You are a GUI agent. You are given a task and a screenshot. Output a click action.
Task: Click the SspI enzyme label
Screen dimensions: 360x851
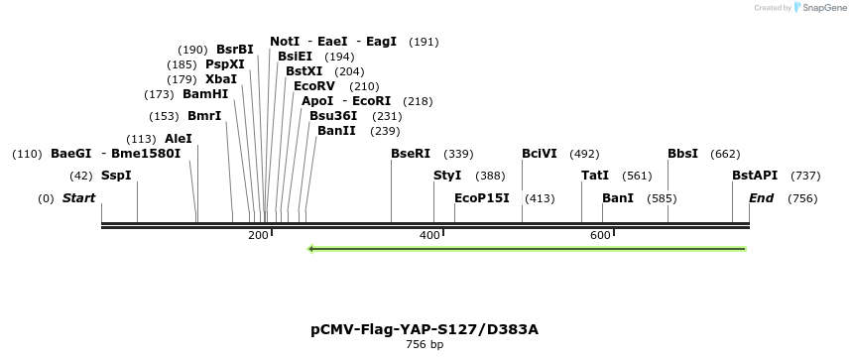[x=116, y=176]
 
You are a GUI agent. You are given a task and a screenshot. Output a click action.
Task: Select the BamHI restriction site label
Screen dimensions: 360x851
[x=205, y=94]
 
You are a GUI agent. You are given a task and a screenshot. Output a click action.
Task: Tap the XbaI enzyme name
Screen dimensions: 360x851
[x=221, y=79]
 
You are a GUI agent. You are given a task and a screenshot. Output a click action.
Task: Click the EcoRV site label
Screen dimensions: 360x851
[x=314, y=86]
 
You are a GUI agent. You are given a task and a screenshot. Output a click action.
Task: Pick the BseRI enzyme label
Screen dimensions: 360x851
[x=411, y=154]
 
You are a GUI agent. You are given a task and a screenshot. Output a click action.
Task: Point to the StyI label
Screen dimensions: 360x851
[x=447, y=176]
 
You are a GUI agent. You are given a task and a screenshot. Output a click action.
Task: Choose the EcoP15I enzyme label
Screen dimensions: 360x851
[x=481, y=198]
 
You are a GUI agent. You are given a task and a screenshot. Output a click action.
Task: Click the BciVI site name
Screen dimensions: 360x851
[x=540, y=154]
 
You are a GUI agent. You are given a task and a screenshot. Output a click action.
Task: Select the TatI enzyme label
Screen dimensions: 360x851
[x=595, y=176]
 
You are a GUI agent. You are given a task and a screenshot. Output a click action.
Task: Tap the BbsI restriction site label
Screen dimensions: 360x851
[x=682, y=154]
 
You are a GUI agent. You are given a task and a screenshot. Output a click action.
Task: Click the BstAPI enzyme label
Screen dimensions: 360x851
[x=755, y=176]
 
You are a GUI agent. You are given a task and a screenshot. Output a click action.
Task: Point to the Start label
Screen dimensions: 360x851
[x=78, y=198]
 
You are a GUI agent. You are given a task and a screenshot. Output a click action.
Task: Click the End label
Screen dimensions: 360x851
[x=761, y=198]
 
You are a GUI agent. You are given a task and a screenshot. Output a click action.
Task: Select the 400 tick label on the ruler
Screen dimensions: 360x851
[x=429, y=235]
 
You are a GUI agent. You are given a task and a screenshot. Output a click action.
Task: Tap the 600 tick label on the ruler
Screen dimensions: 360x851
[x=600, y=235]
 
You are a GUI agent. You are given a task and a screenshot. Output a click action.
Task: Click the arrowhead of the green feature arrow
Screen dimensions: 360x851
[x=312, y=249]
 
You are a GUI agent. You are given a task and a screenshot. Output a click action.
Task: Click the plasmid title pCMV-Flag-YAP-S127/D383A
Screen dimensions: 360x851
[x=425, y=328]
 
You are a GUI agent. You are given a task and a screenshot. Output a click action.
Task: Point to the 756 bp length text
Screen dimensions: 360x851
[x=425, y=345]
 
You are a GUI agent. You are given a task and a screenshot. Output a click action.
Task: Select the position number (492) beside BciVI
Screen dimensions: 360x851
[x=584, y=154]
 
